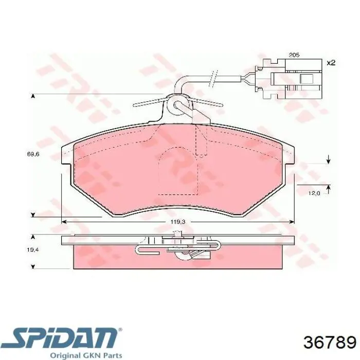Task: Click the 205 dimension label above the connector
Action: click(x=294, y=55)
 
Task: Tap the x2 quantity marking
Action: click(x=331, y=63)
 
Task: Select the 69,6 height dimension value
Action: click(x=33, y=154)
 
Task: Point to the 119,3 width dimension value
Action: click(x=178, y=222)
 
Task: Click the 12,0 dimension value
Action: click(x=314, y=193)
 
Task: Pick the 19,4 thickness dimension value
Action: click(x=32, y=250)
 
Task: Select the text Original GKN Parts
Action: click(x=86, y=355)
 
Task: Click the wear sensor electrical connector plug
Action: click(x=289, y=79)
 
